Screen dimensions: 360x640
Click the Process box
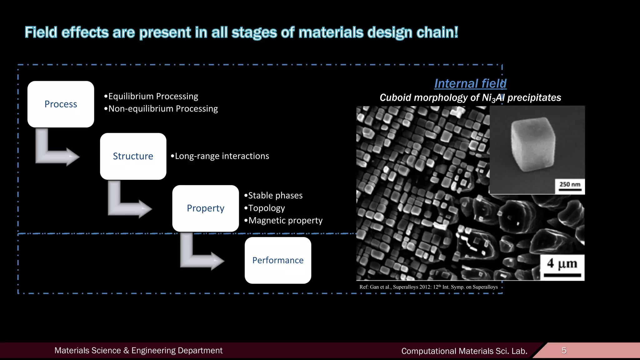[61, 104]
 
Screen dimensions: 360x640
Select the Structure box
[133, 156]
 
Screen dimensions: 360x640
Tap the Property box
[205, 208]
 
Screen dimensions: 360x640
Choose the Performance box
[278, 260]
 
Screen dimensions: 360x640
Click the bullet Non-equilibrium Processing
[161, 109]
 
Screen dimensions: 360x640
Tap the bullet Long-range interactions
[220, 156]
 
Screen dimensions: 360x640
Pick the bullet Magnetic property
[283, 221]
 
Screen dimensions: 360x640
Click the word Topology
[266, 208]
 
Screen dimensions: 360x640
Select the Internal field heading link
[470, 83]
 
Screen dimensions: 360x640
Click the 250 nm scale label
[570, 185]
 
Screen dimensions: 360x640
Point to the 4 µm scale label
[562, 264]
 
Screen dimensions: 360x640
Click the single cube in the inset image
[533, 144]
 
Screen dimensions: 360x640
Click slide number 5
[564, 351]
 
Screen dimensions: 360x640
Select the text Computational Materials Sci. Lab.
[464, 351]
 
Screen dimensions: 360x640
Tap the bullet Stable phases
[273, 196]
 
